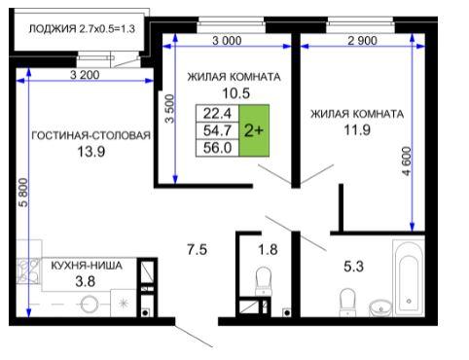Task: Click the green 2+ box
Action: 254,130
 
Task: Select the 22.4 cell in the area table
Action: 217,113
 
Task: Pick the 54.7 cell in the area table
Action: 217,130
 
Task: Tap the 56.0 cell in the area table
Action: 217,148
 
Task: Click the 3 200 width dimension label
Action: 85,75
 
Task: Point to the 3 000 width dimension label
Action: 227,41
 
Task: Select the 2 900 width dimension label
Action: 362,41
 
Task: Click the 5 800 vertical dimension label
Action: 23,192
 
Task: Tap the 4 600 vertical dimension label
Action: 406,162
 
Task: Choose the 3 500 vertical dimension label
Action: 169,109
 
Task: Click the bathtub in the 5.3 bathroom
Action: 409,277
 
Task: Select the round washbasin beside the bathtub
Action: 380,307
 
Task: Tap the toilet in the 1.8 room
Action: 264,281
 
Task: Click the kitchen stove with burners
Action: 28,270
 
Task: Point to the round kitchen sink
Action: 90,305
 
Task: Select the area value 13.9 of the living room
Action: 91,152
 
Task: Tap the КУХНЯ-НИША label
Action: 87,266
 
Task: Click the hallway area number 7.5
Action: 197,250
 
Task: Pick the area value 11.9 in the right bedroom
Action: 357,130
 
